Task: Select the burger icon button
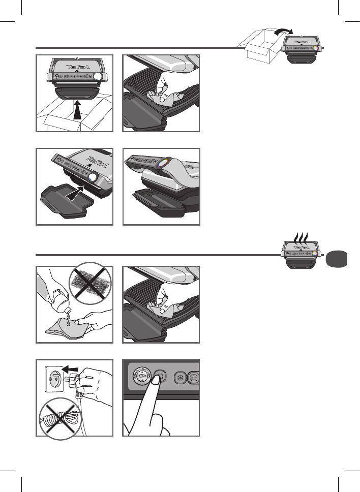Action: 194,379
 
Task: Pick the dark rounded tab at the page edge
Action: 336,259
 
